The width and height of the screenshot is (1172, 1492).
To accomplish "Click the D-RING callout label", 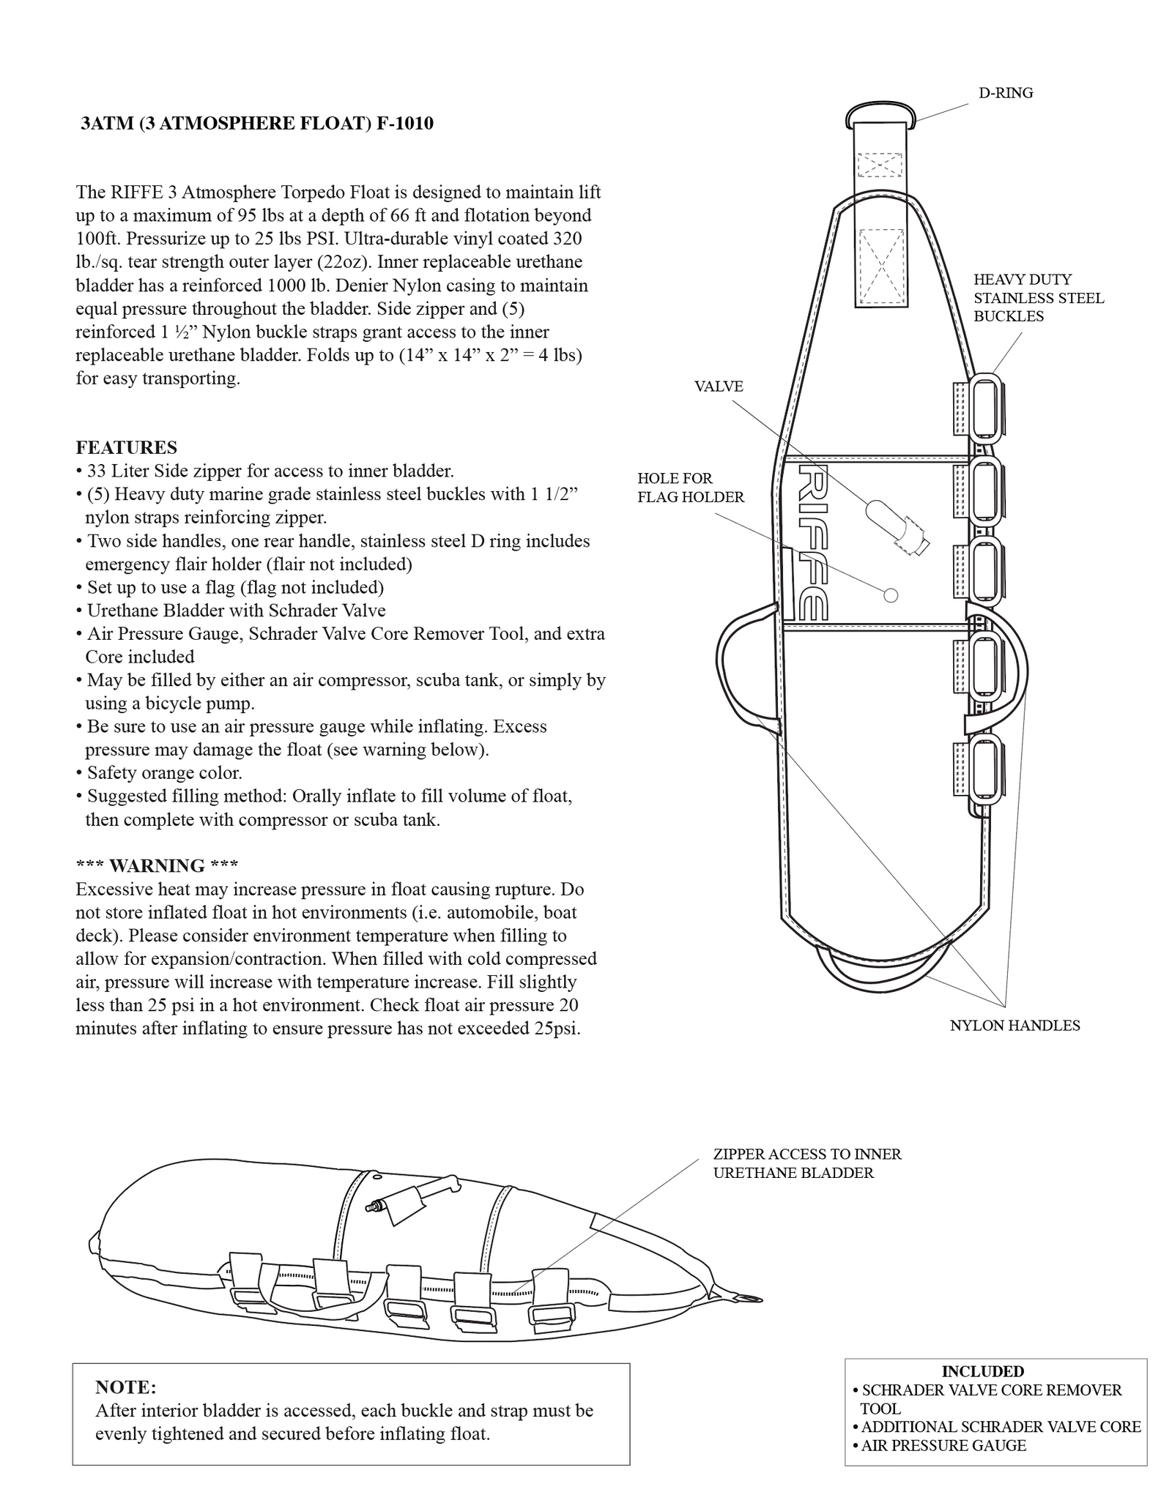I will click(x=1005, y=93).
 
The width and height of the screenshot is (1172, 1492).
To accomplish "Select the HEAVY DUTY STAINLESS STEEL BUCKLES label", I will click(x=1038, y=297).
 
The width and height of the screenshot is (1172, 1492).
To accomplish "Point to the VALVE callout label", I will click(x=718, y=387).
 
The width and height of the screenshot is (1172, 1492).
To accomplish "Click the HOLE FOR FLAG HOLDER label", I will click(x=690, y=488).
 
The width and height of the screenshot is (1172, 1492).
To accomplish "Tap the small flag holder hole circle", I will click(x=891, y=595).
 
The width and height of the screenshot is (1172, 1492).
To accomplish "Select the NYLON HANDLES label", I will click(x=1015, y=1026).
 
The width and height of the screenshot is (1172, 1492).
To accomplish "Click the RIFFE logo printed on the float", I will click(x=813, y=541).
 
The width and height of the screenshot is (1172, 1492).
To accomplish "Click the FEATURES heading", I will click(x=126, y=447).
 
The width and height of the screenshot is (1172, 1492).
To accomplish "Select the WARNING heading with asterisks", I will click(x=157, y=866).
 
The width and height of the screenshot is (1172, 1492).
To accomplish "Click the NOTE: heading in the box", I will click(x=125, y=1387).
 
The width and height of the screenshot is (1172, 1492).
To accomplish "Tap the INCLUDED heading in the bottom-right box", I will click(x=982, y=1371).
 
